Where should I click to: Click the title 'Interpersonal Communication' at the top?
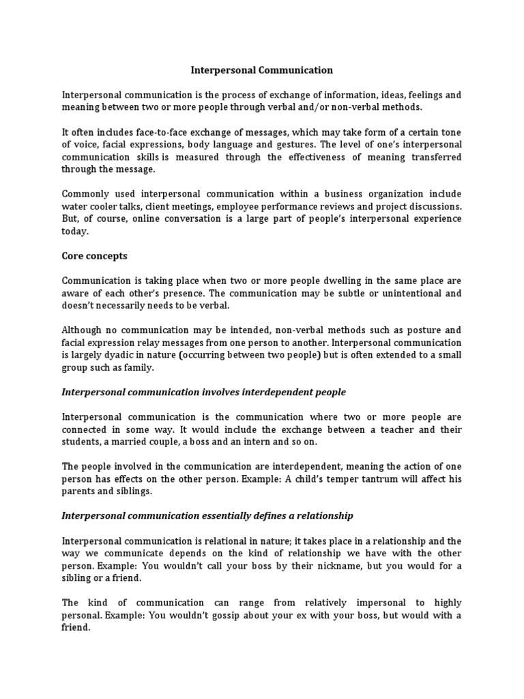[x=261, y=70]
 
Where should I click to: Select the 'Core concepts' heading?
[x=94, y=256]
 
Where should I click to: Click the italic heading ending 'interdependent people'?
[x=203, y=392]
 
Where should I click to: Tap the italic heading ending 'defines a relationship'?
[x=207, y=515]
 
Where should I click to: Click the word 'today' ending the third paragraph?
[x=75, y=231]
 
